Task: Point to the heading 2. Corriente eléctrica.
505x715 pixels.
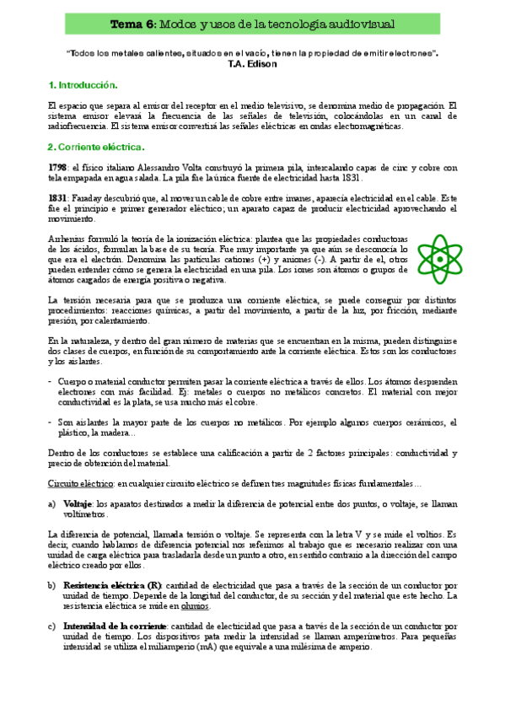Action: (89, 146)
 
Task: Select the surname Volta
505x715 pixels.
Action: (214, 168)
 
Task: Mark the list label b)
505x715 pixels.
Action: (53, 585)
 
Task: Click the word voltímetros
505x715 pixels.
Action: (86, 513)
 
